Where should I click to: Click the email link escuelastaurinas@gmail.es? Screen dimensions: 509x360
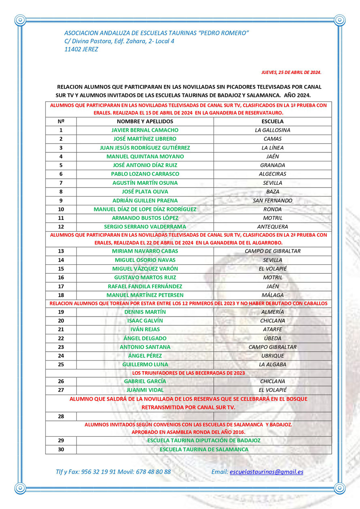pos(266,471)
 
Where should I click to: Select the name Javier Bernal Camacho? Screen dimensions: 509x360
pos(145,130)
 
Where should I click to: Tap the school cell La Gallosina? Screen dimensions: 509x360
pos(272,130)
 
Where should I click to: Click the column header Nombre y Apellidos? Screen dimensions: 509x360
pos(145,121)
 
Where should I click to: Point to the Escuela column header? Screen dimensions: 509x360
pos(272,121)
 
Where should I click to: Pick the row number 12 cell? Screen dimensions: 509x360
pos(61,227)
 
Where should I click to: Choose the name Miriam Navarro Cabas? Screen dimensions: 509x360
pos(145,251)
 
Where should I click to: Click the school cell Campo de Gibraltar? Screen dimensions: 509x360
pos(272,251)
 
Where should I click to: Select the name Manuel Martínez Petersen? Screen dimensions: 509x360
pos(145,295)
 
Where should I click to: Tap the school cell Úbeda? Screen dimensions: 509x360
pos(272,338)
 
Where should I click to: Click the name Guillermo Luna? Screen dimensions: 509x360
pos(145,365)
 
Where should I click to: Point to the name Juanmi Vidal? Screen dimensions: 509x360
pos(145,390)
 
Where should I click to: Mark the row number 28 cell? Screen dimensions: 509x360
pos(61,416)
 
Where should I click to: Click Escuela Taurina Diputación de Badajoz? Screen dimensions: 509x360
pos(204,441)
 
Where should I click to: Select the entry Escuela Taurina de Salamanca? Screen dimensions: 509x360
pos(204,450)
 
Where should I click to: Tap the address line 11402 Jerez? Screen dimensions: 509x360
pos(81,49)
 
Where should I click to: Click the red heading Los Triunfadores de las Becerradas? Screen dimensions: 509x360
pos(188,373)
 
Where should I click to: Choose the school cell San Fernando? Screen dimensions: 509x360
pos(272,201)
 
